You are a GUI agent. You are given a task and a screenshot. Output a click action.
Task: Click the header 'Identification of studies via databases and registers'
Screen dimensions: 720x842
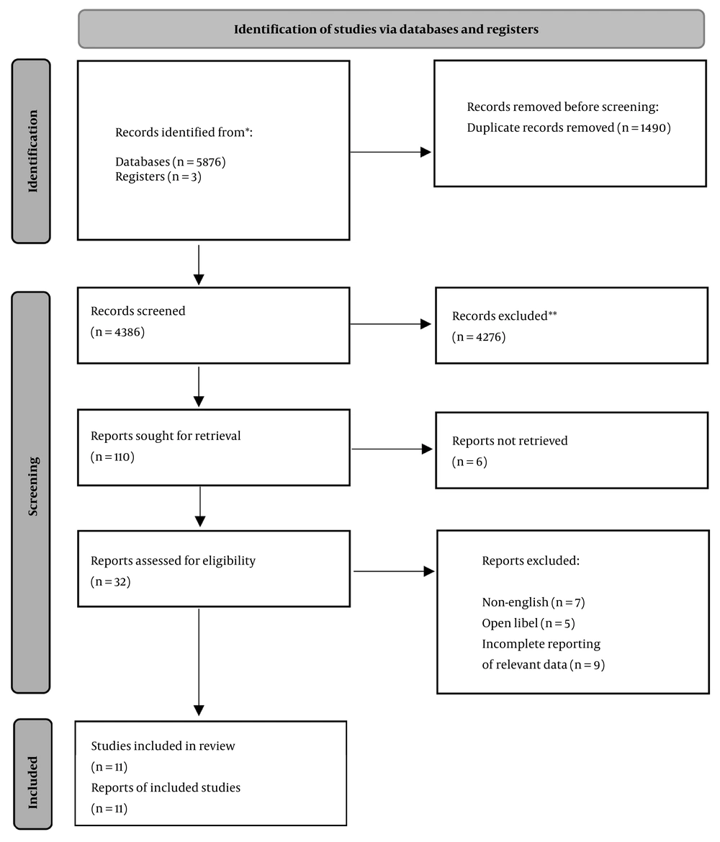(386, 29)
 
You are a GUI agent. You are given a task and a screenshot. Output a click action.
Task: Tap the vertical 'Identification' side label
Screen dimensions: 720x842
(32, 151)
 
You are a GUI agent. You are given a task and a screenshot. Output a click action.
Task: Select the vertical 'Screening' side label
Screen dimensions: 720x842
(32, 486)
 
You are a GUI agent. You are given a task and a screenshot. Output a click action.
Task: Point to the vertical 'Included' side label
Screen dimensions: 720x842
(32, 782)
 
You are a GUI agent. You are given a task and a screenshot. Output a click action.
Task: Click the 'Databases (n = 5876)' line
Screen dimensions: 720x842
(170, 161)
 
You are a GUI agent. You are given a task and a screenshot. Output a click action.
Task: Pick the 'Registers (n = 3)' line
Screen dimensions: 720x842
(158, 176)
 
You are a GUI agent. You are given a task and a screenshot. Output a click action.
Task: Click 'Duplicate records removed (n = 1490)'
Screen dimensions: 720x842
(569, 127)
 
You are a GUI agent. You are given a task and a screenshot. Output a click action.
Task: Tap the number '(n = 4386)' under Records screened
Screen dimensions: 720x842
(117, 332)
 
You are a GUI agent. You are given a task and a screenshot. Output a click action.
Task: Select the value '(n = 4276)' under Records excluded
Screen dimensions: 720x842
(479, 336)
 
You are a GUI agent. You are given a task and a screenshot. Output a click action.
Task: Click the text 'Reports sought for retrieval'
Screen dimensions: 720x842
(166, 436)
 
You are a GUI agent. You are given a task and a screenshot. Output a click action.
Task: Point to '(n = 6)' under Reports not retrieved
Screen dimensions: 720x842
(469, 462)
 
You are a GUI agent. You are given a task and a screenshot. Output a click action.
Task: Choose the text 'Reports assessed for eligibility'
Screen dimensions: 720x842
(173, 560)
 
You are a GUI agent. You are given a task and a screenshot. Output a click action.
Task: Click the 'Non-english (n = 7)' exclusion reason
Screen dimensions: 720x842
(533, 602)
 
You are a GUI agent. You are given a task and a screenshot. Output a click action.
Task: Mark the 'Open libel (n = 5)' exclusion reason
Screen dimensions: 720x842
(528, 623)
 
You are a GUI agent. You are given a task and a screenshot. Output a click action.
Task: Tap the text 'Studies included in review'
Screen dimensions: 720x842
(163, 746)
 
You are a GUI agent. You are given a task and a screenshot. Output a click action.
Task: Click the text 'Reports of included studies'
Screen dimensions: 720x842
(166, 787)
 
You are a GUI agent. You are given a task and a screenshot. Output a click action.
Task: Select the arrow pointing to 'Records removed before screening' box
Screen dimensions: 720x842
(391, 152)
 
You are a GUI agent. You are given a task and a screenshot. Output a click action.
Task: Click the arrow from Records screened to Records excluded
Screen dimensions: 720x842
(391, 324)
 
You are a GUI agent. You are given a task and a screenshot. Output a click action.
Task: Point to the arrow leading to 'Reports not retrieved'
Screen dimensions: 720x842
(392, 449)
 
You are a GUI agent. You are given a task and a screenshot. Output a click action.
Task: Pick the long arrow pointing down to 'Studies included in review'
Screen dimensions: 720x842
(199, 662)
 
